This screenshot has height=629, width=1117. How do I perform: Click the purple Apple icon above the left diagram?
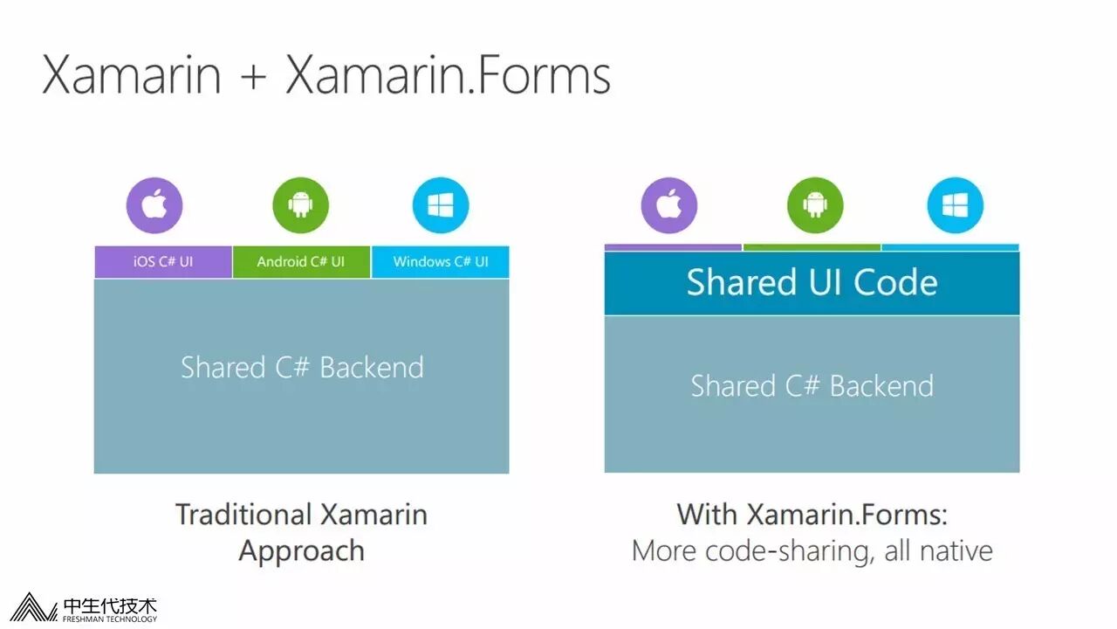(x=154, y=206)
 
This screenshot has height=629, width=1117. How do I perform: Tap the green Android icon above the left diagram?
(x=301, y=206)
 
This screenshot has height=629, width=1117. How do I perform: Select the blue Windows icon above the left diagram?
(x=441, y=206)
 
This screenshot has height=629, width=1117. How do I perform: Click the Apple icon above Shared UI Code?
(x=669, y=206)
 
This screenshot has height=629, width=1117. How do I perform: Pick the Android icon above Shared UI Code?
(x=815, y=206)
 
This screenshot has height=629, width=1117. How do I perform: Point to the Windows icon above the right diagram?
(x=956, y=206)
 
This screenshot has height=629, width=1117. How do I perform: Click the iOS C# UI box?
(x=163, y=262)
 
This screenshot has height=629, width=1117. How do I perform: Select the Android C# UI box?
(x=301, y=262)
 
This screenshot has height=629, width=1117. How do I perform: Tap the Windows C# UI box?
(x=441, y=262)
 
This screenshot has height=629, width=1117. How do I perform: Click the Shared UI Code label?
(x=812, y=283)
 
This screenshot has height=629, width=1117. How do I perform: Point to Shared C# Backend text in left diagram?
(x=302, y=367)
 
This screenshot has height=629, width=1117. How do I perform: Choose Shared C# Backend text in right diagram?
(x=812, y=385)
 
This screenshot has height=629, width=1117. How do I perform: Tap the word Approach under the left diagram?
(x=301, y=551)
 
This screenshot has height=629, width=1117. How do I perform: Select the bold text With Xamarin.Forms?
(x=812, y=514)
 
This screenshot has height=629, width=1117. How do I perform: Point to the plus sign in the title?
(x=253, y=77)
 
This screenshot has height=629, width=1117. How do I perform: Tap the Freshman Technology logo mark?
(x=32, y=608)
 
